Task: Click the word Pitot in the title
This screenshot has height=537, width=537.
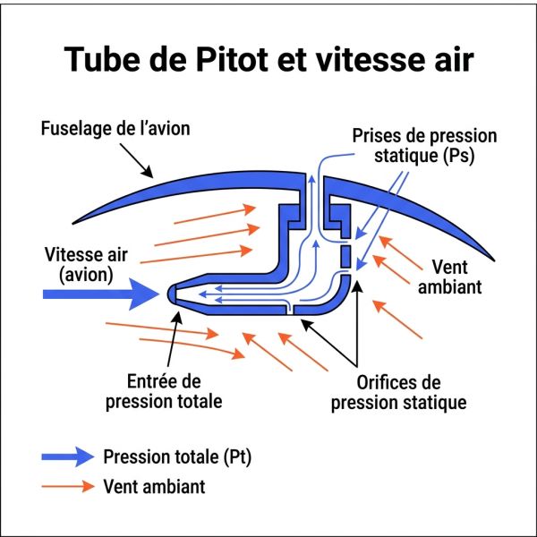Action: (232, 58)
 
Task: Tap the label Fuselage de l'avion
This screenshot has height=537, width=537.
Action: (115, 128)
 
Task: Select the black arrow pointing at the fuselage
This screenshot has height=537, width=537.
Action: (136, 160)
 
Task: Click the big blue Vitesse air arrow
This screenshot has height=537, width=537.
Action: (100, 294)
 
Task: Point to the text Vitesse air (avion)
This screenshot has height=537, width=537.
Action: (86, 265)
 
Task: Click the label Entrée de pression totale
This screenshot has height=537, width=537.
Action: (164, 391)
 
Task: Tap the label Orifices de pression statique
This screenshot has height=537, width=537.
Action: (398, 393)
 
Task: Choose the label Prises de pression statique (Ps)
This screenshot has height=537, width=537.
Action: (424, 146)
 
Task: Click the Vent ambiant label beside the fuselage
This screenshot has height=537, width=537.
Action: (449, 277)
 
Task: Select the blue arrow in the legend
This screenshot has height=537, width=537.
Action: (68, 456)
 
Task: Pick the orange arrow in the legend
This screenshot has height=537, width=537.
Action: (68, 486)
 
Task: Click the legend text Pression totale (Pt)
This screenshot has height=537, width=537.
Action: (177, 456)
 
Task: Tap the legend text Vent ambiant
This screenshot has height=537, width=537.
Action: (155, 486)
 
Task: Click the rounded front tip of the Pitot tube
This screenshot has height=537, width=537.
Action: (171, 294)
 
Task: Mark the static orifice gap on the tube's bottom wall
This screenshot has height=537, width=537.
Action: (290, 310)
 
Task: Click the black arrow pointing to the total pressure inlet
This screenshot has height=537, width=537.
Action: (175, 339)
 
